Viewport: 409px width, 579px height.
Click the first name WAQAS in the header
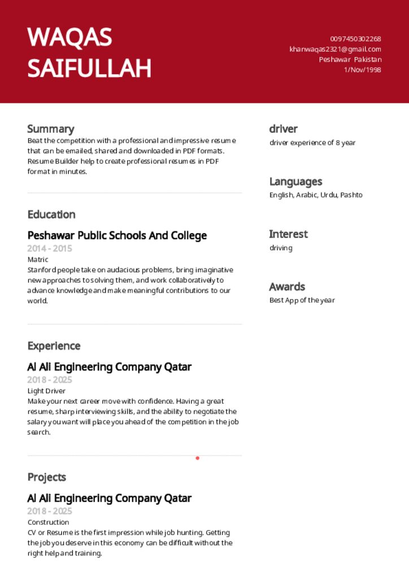[69, 37]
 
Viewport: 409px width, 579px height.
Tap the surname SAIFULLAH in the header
[89, 68]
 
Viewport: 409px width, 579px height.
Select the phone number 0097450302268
[355, 39]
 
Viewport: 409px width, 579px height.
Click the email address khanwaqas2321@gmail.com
[335, 49]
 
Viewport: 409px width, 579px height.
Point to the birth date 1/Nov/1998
[362, 70]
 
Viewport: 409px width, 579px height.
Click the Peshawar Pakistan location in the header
[350, 59]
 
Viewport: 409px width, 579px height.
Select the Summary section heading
[50, 129]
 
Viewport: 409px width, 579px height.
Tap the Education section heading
[51, 214]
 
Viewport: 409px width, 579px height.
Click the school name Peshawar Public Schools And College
[117, 235]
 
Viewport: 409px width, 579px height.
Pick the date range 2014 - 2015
[50, 248]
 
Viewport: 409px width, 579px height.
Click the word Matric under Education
[38, 260]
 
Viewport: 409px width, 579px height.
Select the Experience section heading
[54, 345]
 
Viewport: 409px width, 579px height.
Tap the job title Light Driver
[46, 391]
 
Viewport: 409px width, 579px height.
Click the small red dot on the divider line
[197, 458]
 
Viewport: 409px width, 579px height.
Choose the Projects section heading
[47, 477]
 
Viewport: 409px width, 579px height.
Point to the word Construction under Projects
[48, 522]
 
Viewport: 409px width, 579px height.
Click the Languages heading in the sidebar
[295, 182]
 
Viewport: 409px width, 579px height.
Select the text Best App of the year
[302, 300]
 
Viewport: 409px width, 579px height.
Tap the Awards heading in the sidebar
[287, 287]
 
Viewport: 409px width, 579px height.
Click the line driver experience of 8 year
[312, 142]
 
